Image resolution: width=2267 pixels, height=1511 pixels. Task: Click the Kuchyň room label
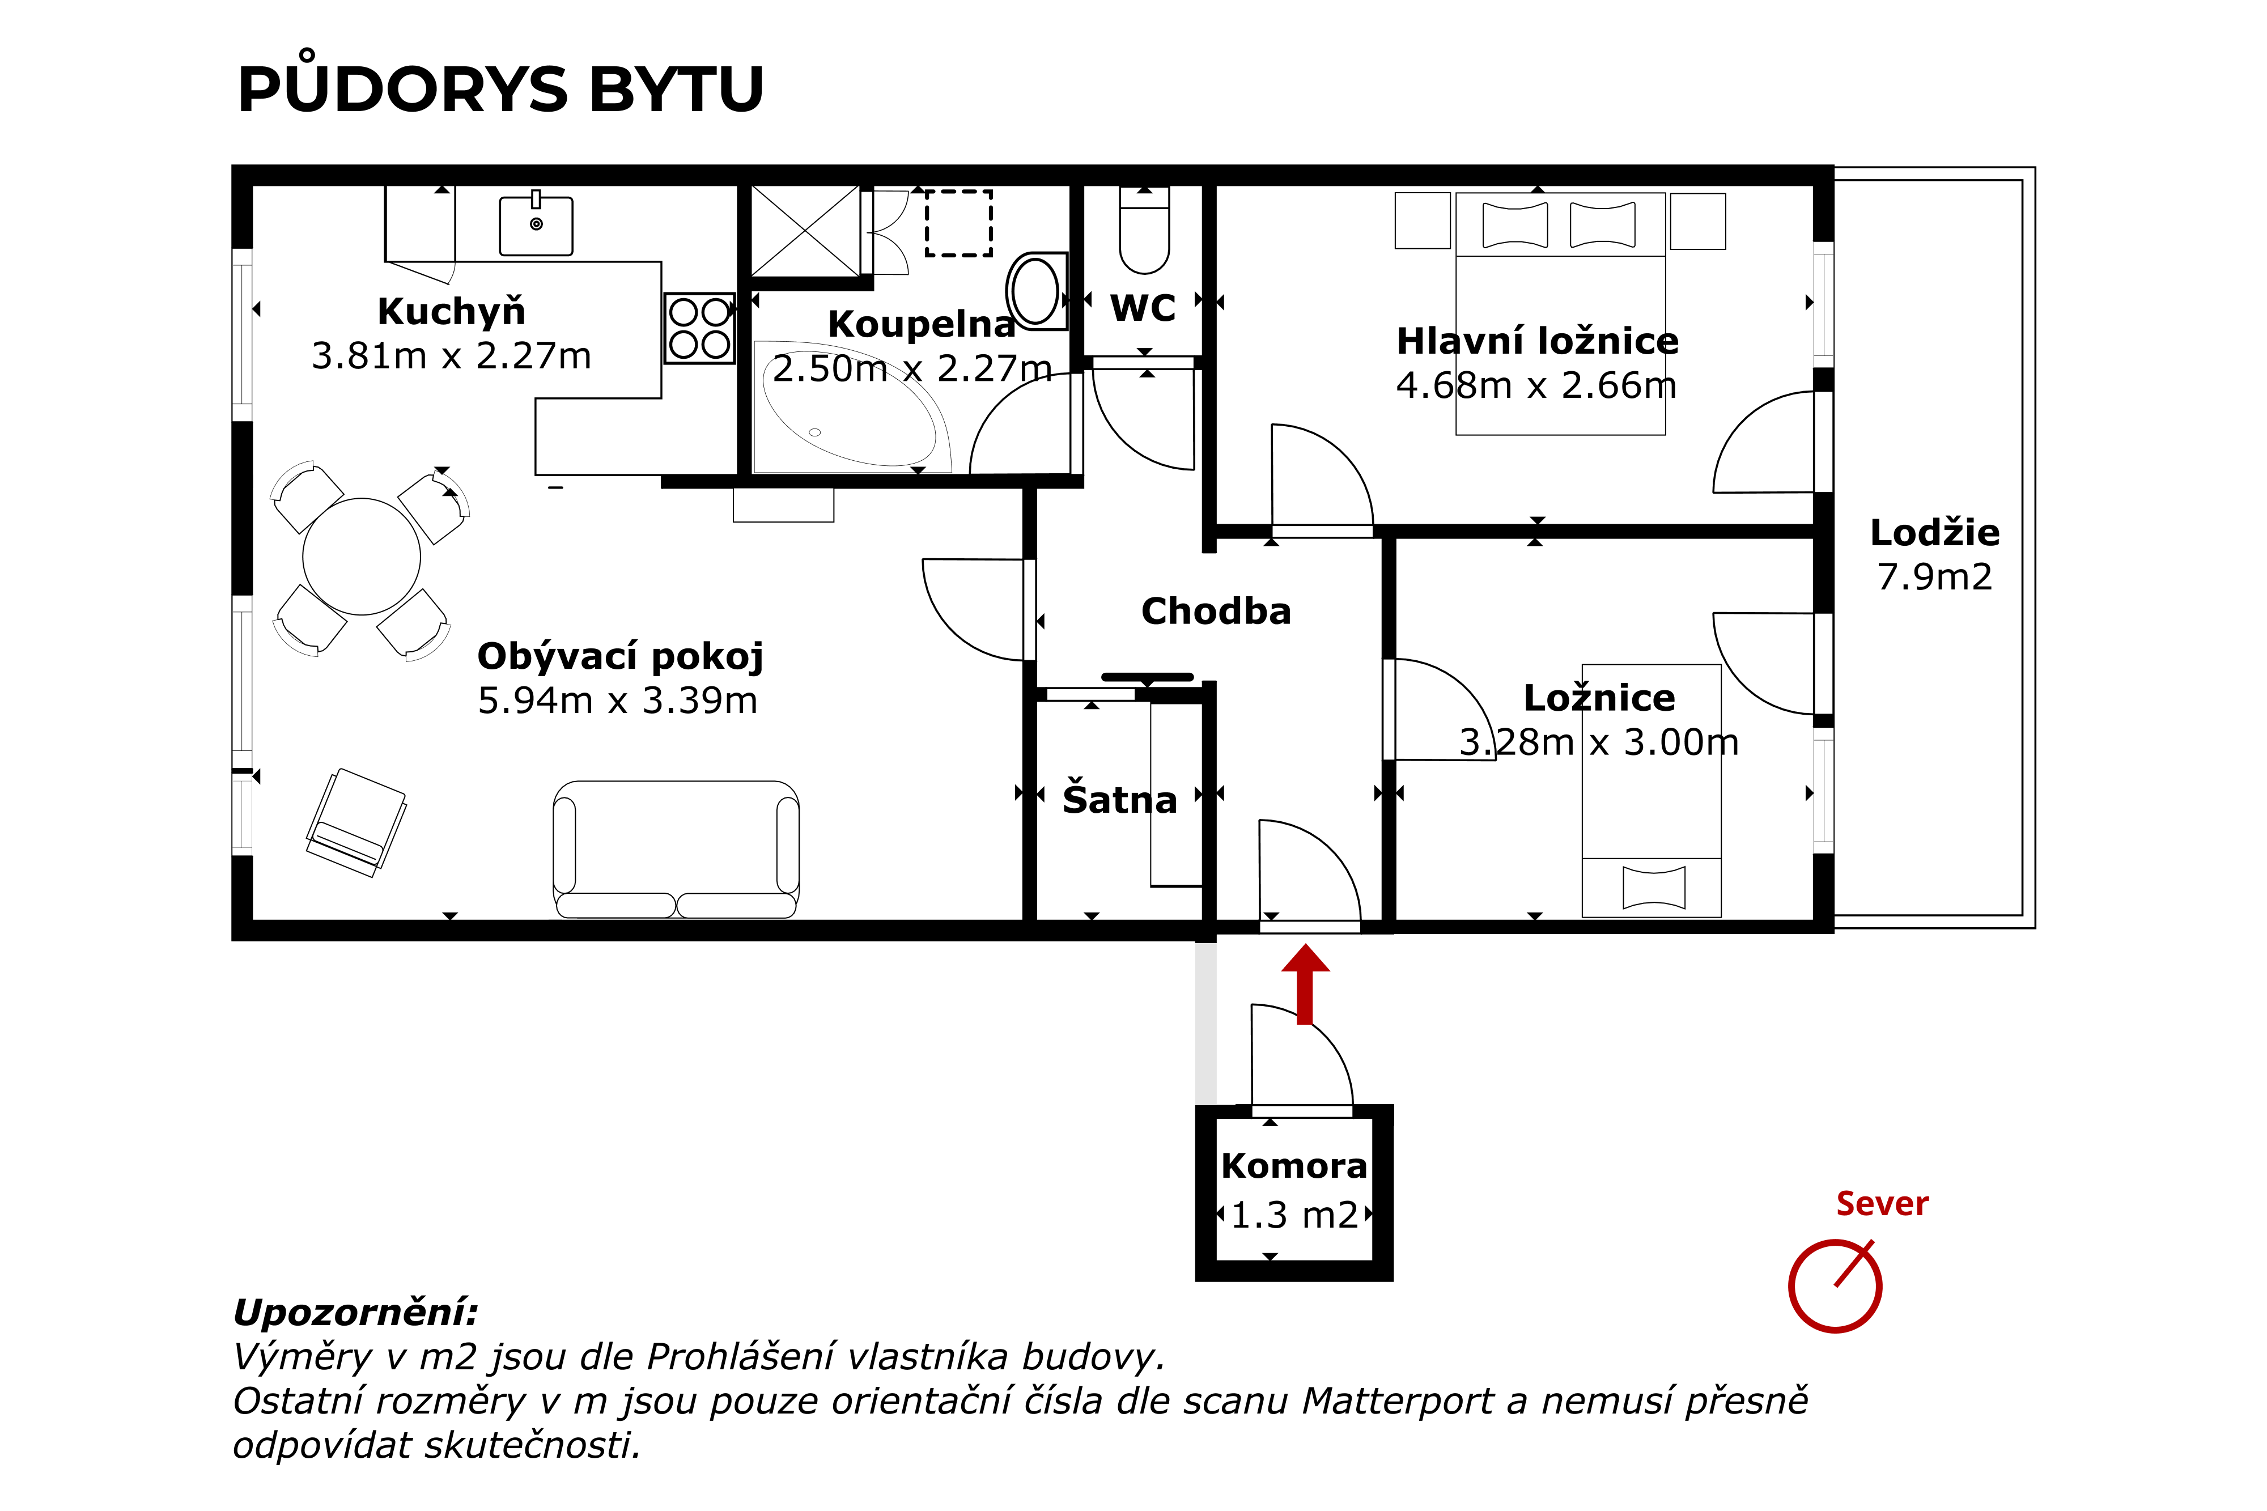tap(451, 311)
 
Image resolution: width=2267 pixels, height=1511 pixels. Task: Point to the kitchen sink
tap(536, 226)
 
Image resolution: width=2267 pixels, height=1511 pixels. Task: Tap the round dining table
tap(361, 556)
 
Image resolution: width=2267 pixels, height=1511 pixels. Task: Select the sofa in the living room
tap(676, 848)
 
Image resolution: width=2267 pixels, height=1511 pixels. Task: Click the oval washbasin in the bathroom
tap(1035, 289)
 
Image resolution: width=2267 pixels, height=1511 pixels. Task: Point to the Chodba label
tap(1216, 611)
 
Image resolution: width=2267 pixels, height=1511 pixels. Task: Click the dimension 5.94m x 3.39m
tap(618, 701)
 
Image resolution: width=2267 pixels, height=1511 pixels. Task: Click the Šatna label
tap(1119, 800)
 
